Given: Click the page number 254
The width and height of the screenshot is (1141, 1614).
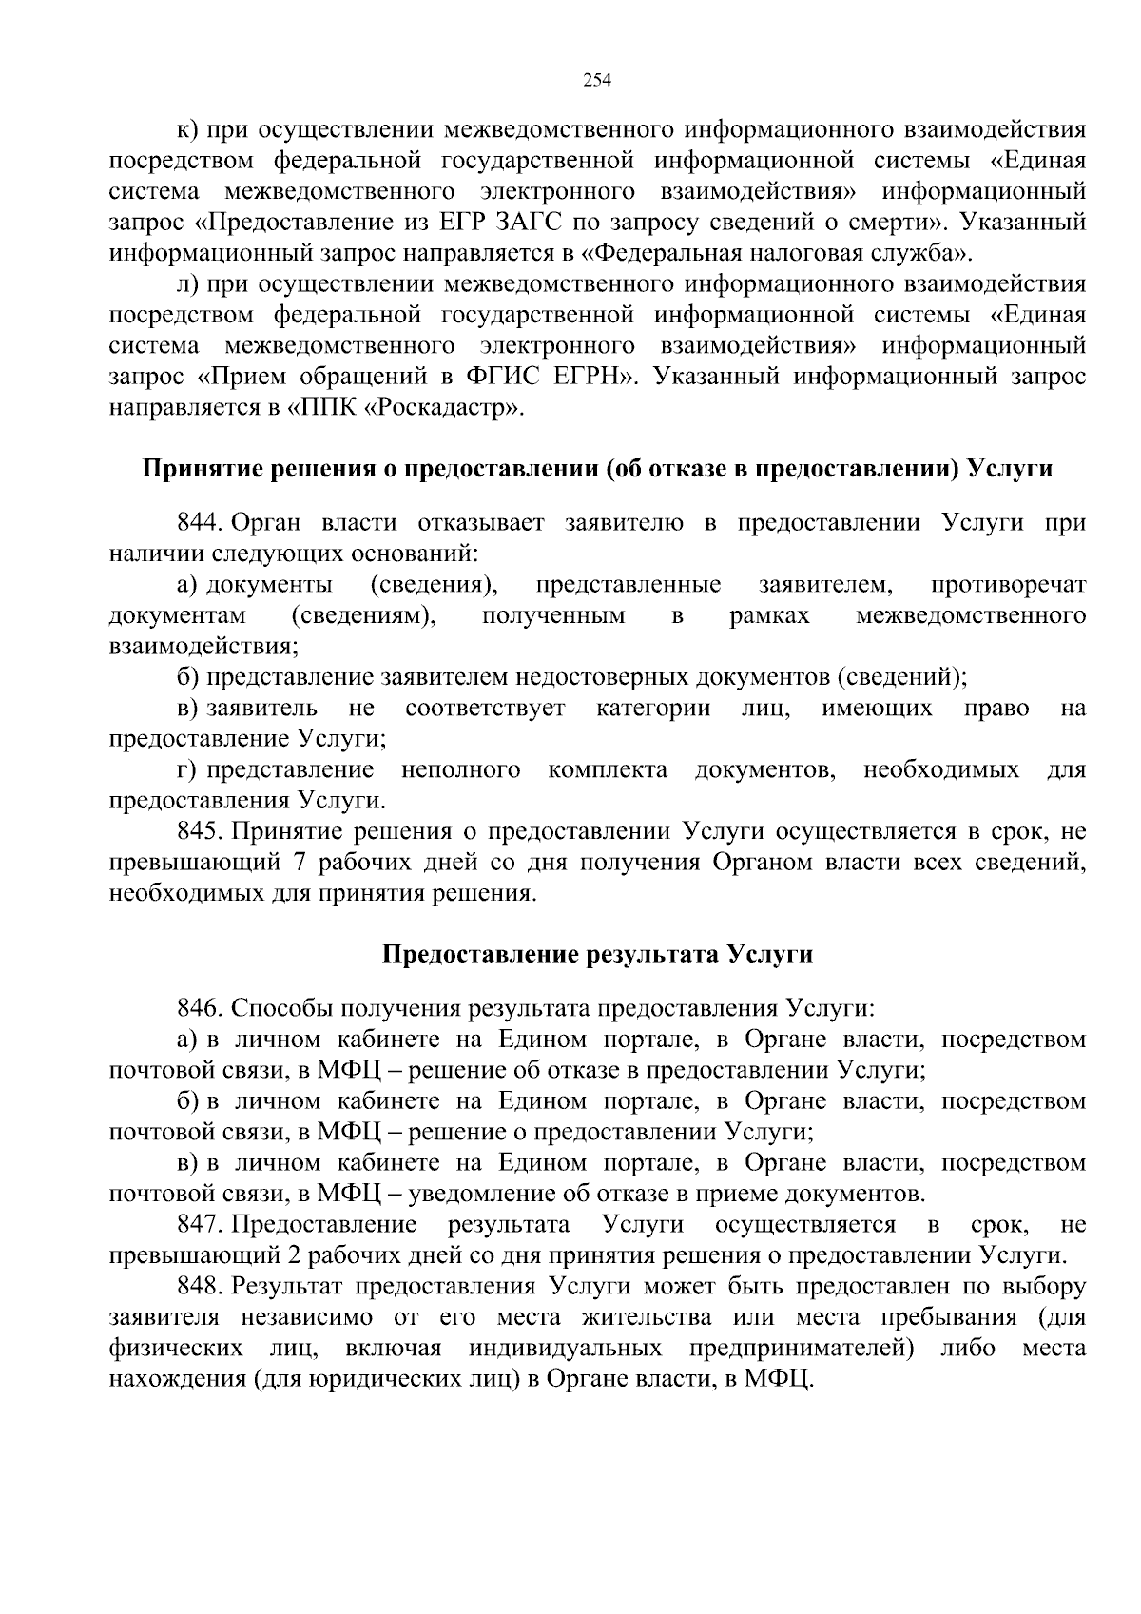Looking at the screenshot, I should click(596, 80).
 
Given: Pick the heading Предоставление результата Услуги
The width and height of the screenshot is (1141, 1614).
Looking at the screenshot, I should click(597, 954).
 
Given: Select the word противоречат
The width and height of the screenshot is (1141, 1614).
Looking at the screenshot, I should click(1009, 584).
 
